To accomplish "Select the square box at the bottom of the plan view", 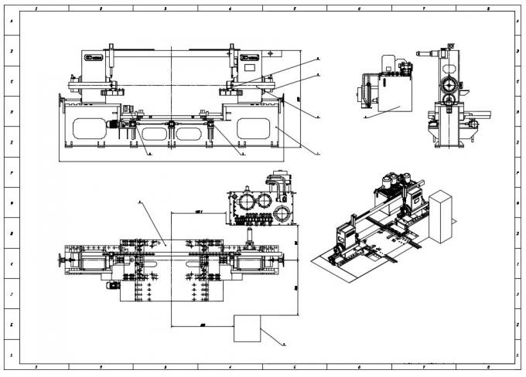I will tap(248, 328).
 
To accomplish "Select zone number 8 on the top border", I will tap(487, 8).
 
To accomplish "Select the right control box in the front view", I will tap(251, 58).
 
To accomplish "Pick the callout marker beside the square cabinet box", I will tap(284, 341).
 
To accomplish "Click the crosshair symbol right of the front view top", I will tap(271, 53).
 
